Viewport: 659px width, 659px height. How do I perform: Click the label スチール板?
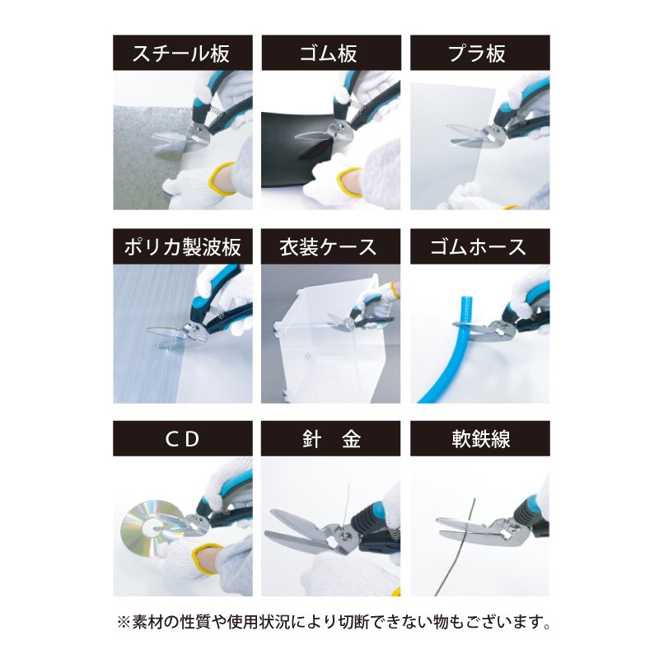pos(182,54)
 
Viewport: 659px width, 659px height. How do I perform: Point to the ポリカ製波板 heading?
pos(182,247)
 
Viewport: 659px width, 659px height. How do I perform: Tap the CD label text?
pos(182,439)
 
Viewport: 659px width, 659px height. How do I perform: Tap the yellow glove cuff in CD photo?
pos(203,560)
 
